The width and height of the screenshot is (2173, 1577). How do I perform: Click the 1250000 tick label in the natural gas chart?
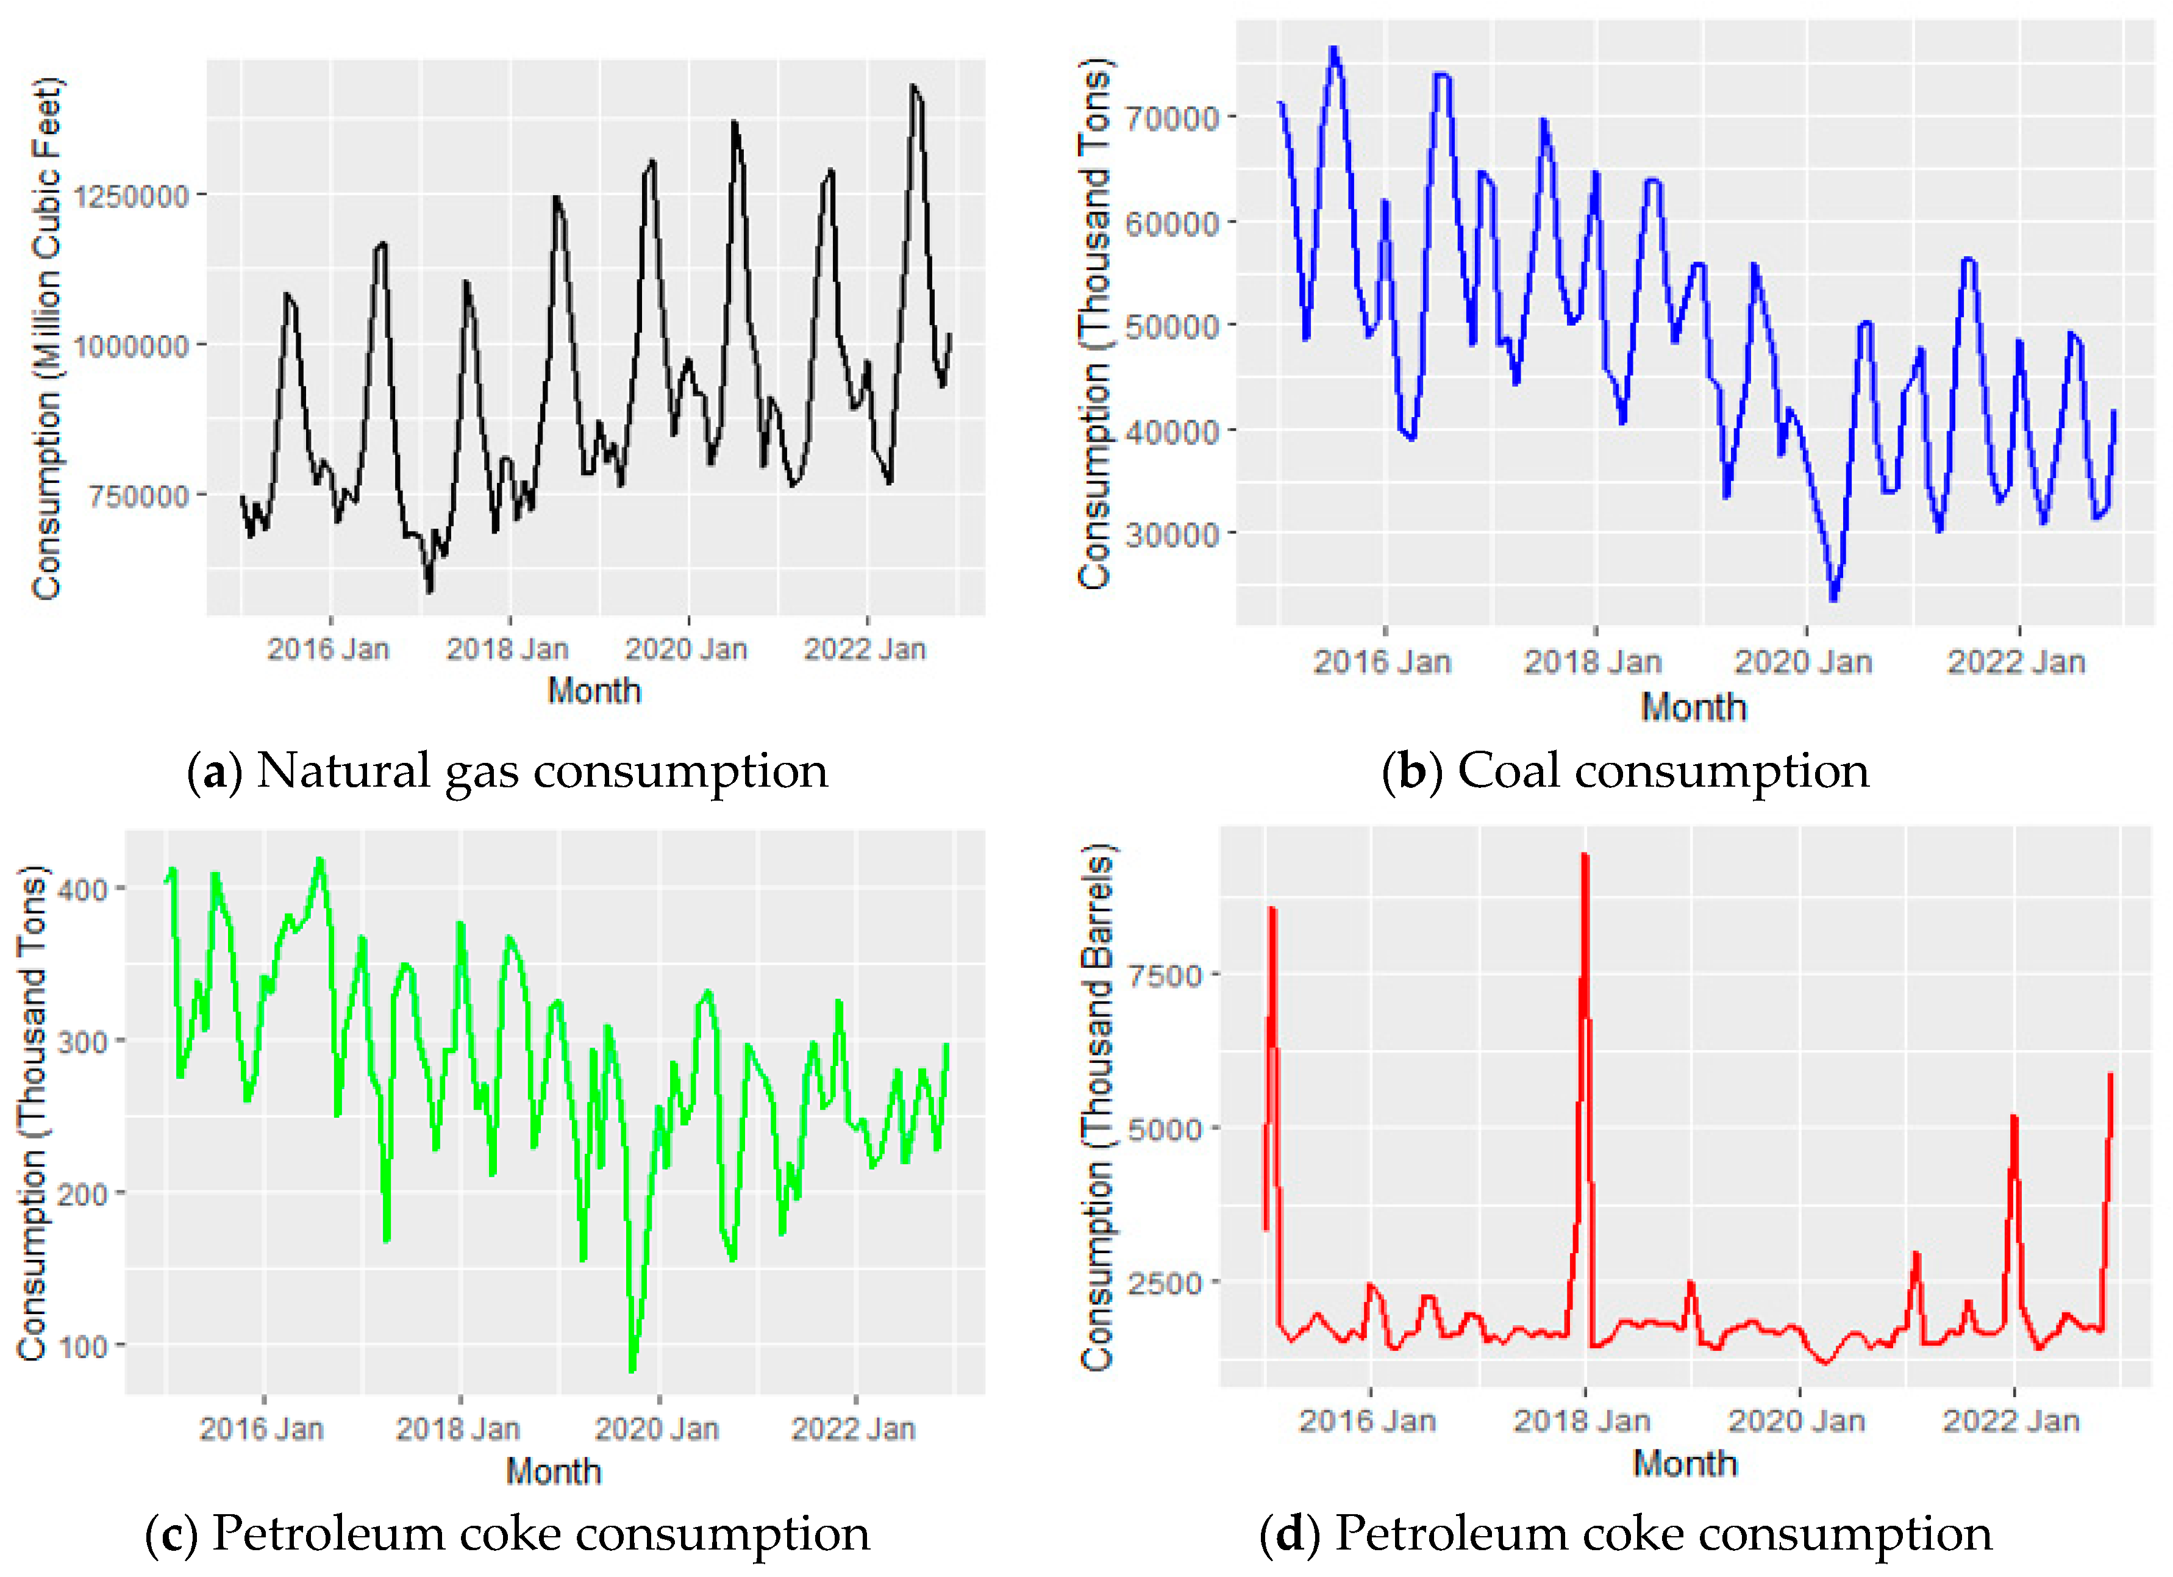pyautogui.click(x=131, y=196)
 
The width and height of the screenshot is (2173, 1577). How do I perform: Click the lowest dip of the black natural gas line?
pyautogui.click(x=429, y=590)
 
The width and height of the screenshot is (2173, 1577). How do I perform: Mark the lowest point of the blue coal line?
pyautogui.click(x=1833, y=599)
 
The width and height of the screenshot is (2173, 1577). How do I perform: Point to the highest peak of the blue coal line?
pyautogui.click(x=1333, y=48)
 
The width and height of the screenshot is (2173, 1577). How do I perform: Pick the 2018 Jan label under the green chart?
pyautogui.click(x=458, y=1428)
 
